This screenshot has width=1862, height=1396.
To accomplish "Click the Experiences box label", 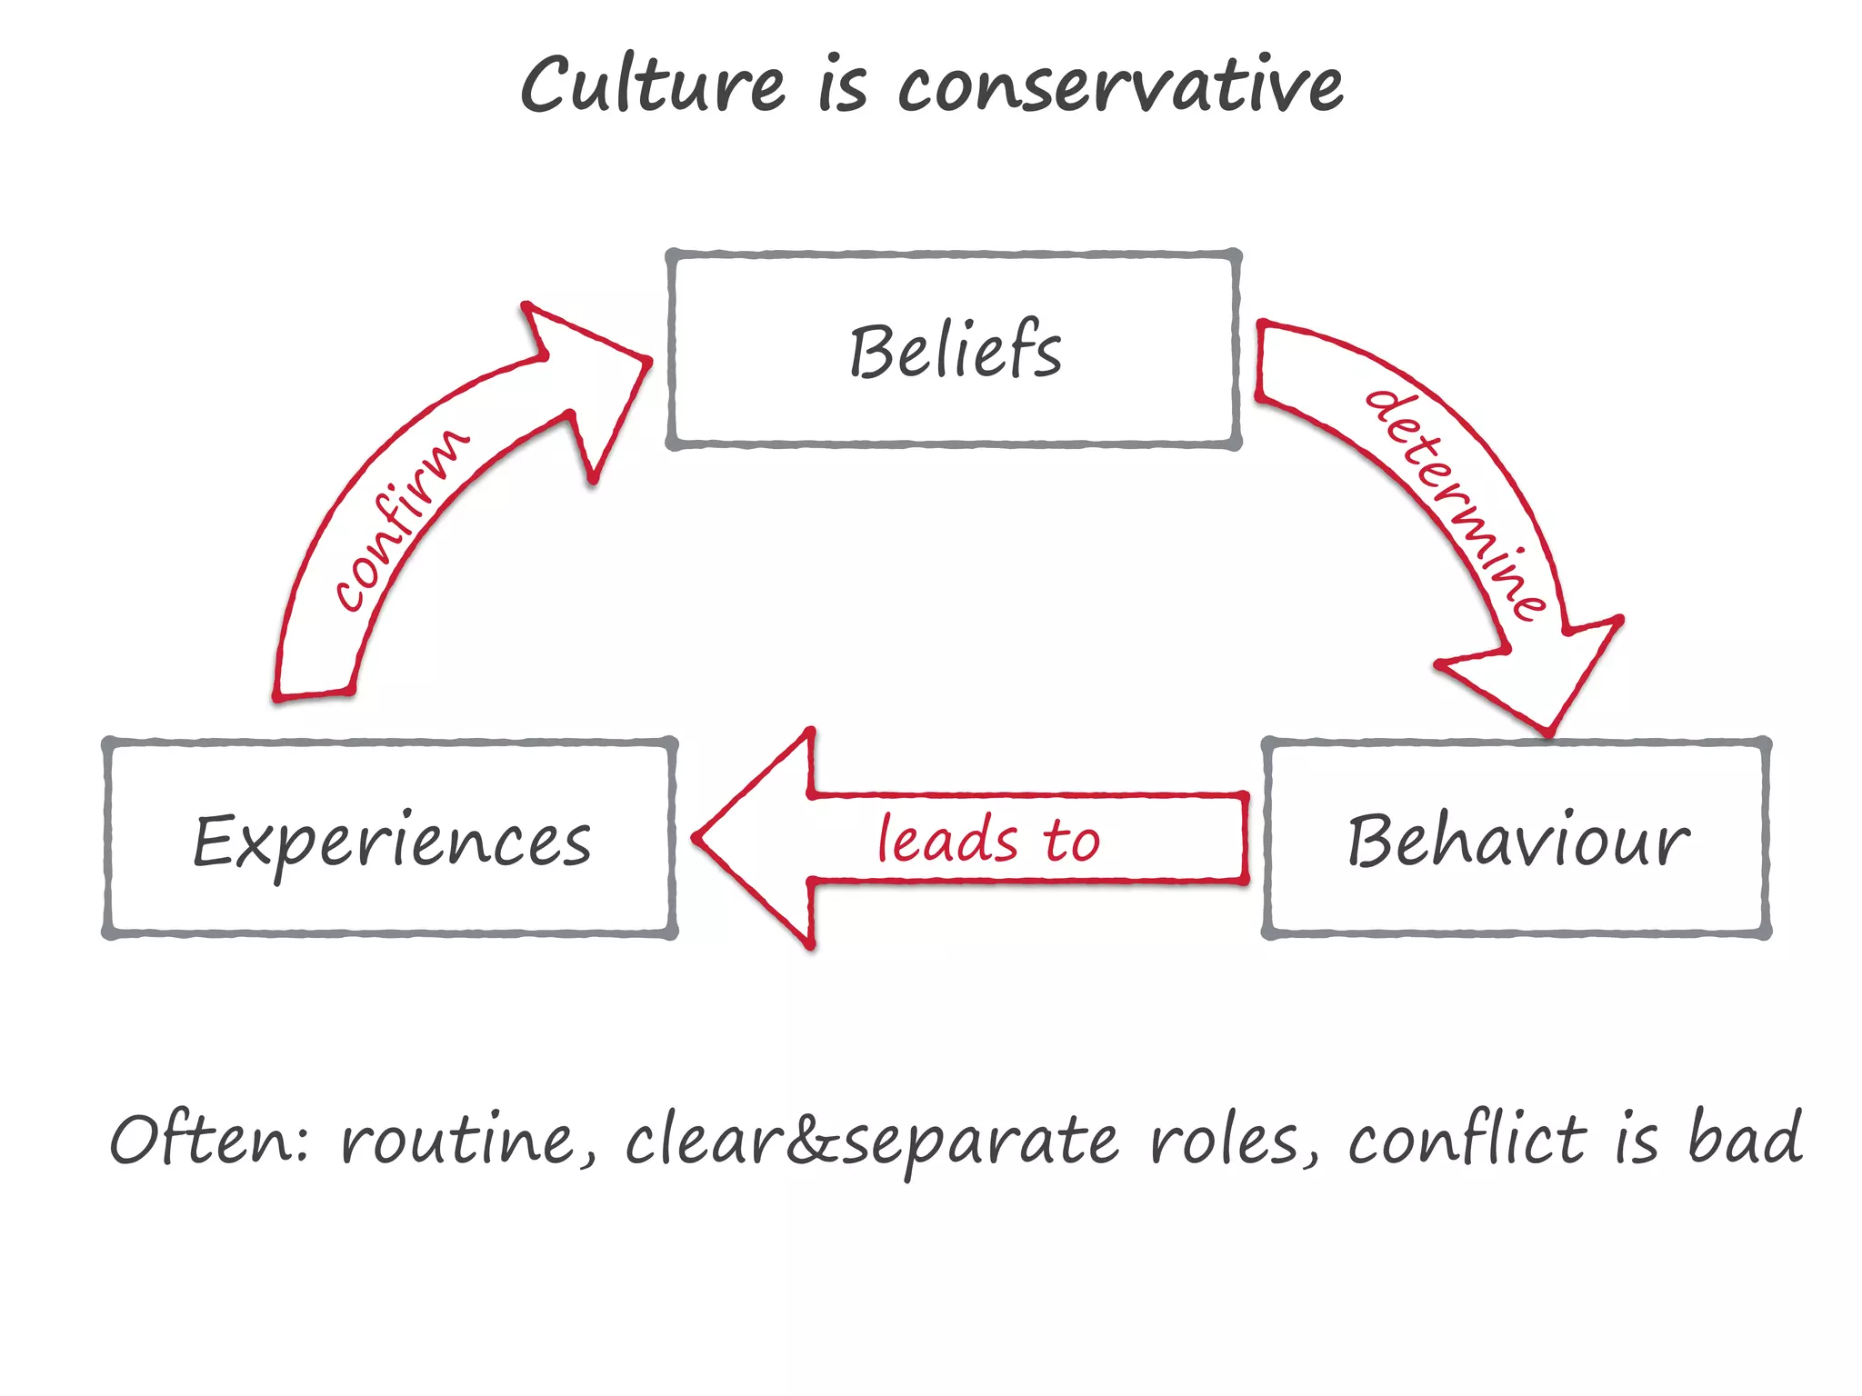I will (x=392, y=842).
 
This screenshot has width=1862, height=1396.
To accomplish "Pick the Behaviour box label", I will (x=1517, y=842).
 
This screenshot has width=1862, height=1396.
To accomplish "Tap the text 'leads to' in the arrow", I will (x=988, y=839).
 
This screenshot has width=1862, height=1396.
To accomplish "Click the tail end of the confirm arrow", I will (x=314, y=693).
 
